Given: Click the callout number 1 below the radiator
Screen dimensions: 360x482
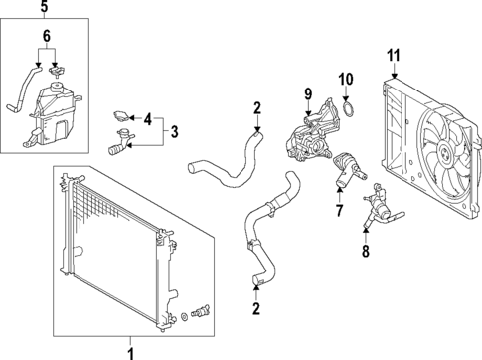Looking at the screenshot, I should pos(128,349).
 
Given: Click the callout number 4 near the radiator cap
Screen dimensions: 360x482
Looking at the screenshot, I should pos(149,120).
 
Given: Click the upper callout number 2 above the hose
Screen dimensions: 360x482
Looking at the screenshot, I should pos(257,108).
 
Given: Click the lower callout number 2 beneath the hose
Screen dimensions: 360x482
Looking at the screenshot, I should pos(256,309).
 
